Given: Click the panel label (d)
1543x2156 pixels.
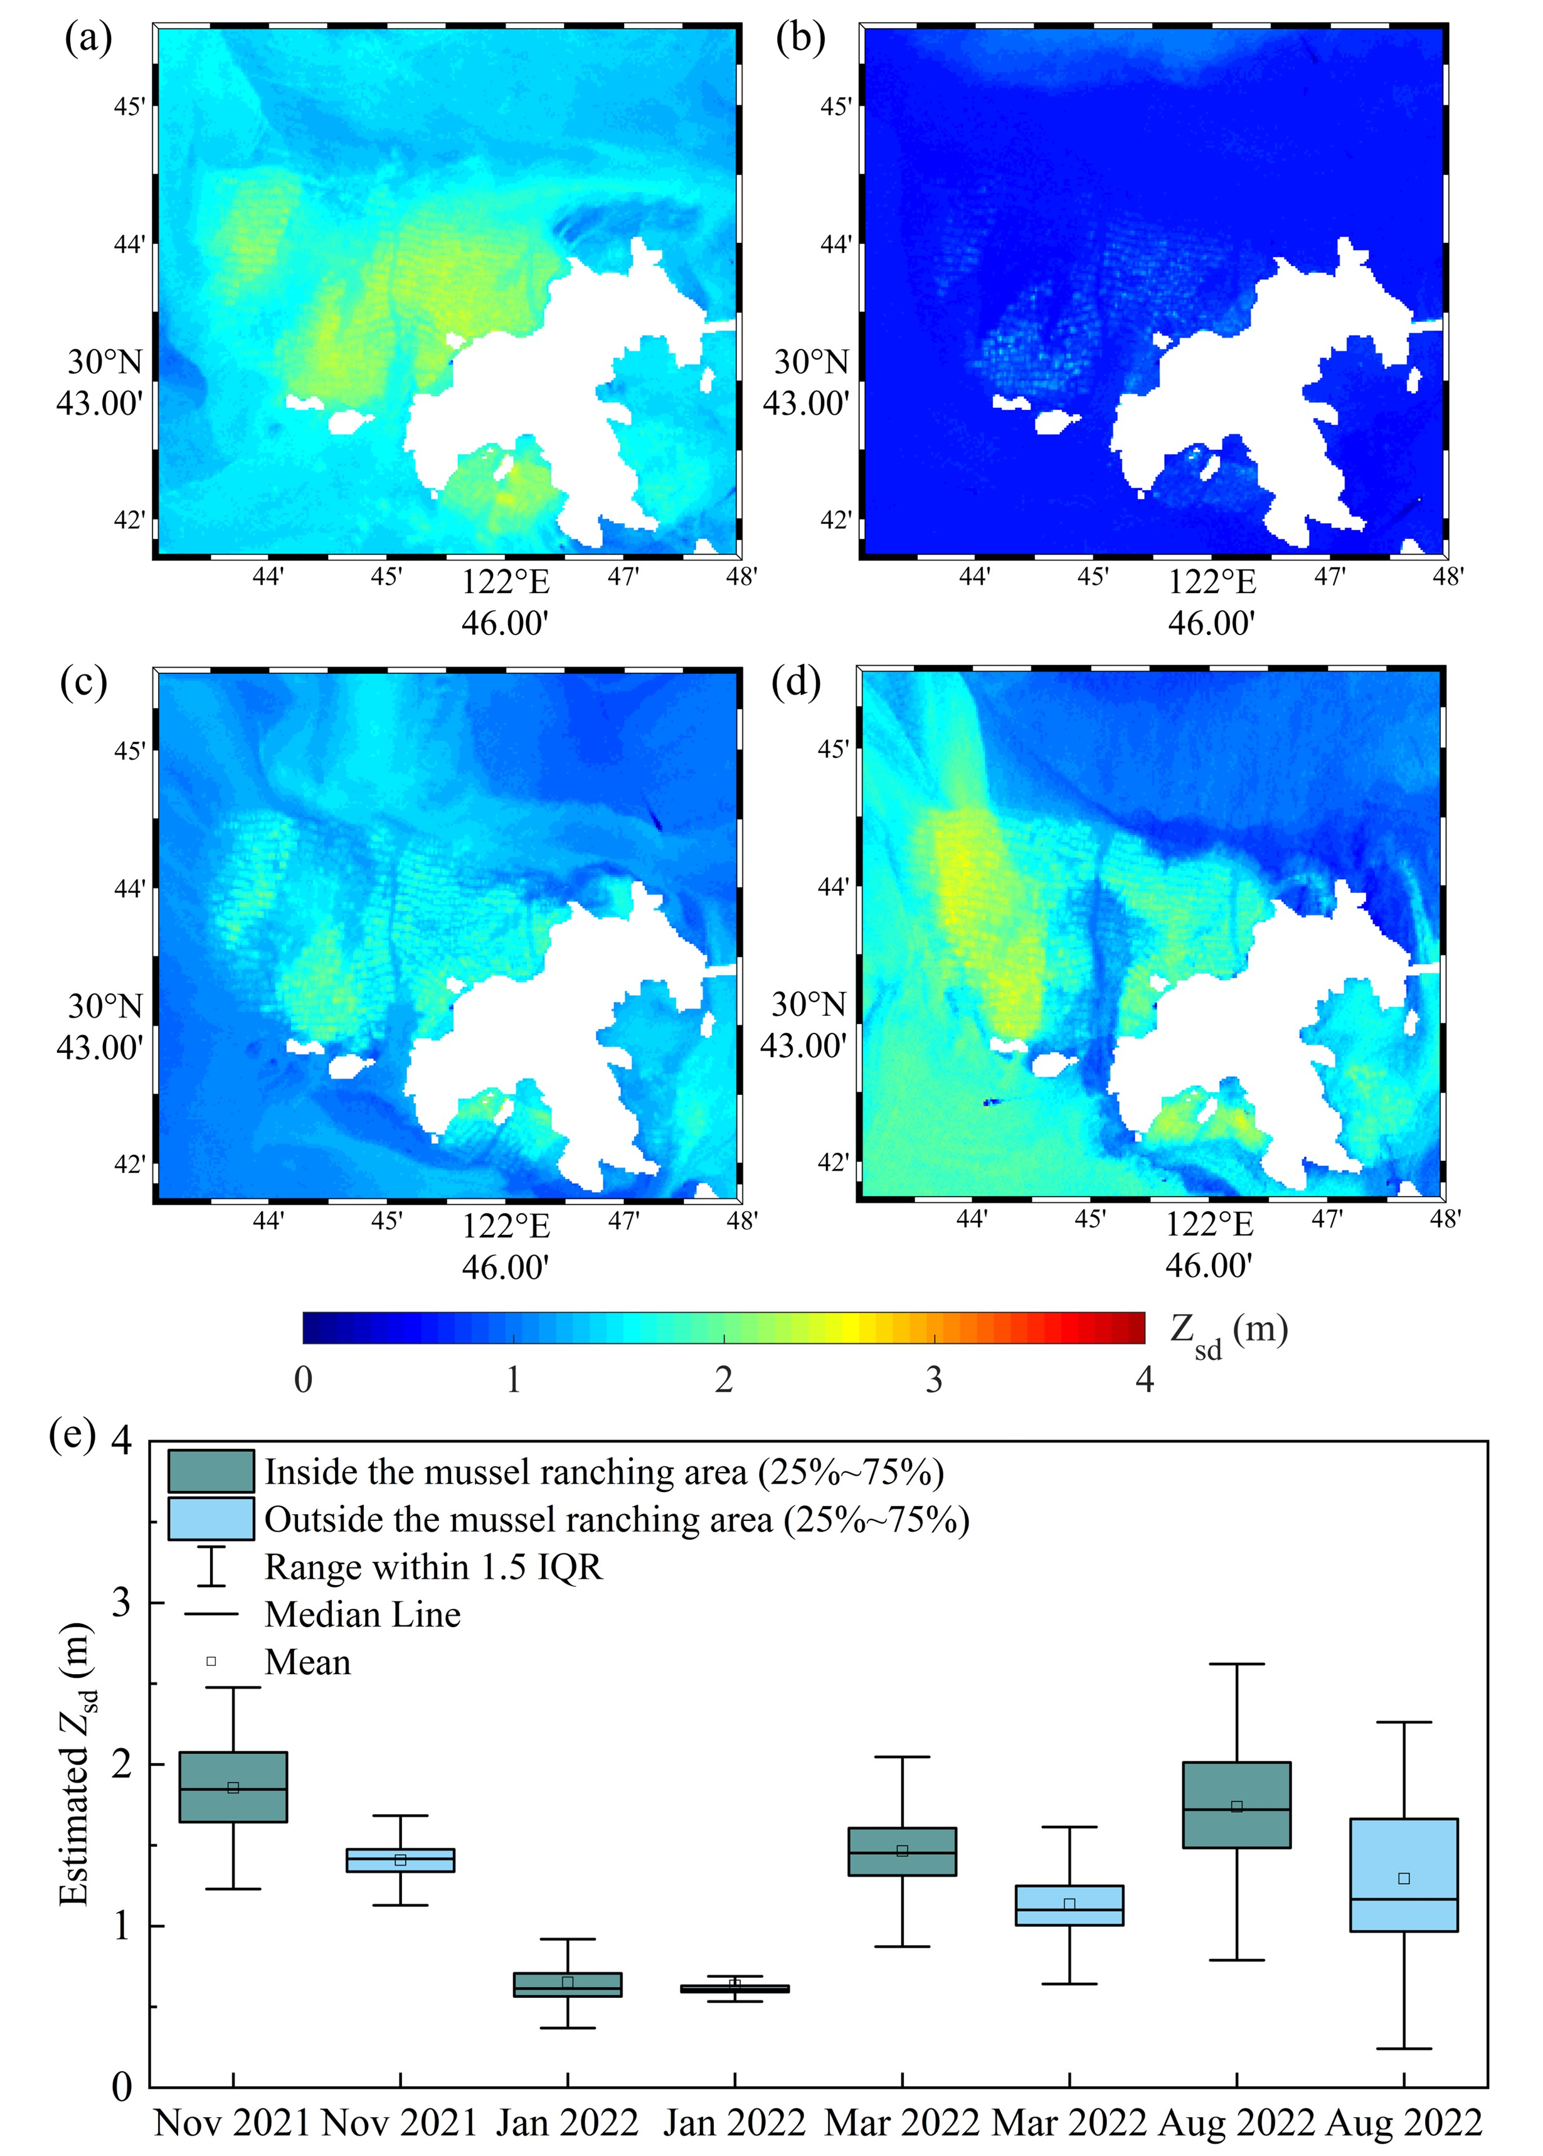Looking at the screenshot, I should tap(796, 682).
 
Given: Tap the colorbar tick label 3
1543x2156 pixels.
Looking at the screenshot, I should tap(934, 1379).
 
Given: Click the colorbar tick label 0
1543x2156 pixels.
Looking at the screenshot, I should tap(303, 1379).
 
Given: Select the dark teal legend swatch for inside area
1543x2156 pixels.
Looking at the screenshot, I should tap(210, 1471).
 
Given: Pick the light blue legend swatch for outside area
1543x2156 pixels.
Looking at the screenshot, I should tap(210, 1518).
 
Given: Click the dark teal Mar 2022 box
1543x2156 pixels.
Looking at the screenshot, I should tap(902, 1851).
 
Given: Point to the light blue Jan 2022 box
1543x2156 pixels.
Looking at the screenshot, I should tap(734, 1988).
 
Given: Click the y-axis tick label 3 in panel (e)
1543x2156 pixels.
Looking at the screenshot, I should tap(122, 1603).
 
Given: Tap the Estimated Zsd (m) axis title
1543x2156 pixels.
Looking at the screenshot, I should tap(76, 1764).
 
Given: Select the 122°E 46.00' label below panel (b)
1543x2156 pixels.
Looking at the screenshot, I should tap(1211, 602).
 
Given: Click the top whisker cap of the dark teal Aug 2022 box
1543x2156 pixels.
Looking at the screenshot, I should tap(1236, 1664).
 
